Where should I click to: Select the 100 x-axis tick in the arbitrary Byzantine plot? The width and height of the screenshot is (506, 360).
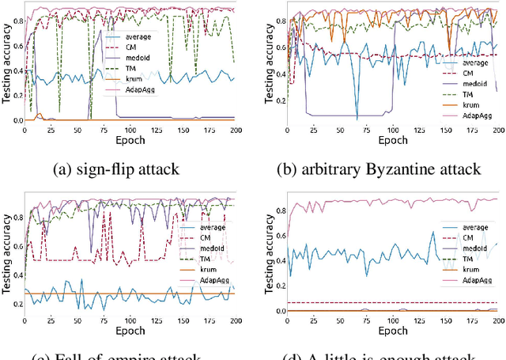(x=392, y=130)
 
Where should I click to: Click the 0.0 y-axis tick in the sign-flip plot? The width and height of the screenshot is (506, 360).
(x=16, y=120)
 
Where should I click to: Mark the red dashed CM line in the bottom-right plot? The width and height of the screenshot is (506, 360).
(x=356, y=302)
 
